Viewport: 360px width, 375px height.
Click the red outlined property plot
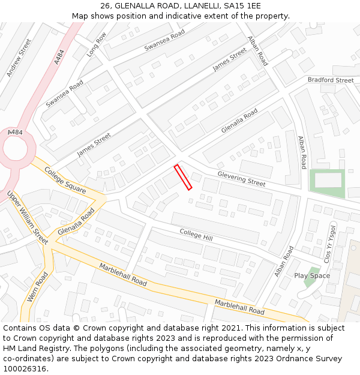tap(183, 177)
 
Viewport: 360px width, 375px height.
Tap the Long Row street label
tap(96, 44)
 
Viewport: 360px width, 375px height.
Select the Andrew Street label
tap(19, 58)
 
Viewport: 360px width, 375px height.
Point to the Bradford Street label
tap(331, 80)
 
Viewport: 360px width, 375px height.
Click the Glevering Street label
tap(241, 178)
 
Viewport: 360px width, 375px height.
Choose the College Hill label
tap(196, 235)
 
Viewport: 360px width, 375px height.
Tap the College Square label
tap(64, 179)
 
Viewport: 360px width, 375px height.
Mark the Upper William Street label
tap(28, 217)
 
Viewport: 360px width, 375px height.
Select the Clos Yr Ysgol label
tap(329, 242)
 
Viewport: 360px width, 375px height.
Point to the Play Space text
tap(312, 275)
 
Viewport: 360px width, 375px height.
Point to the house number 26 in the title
tap(106, 5)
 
